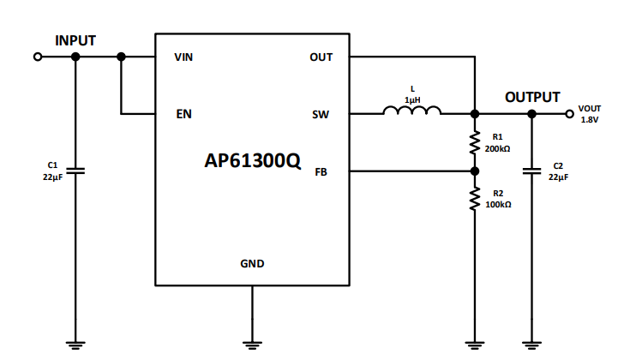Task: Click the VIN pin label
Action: (x=183, y=57)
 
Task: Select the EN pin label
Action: (x=183, y=114)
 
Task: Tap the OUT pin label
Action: (x=321, y=57)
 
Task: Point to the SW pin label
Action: (x=321, y=114)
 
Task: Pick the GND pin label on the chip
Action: (x=252, y=263)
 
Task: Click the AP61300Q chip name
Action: (x=253, y=161)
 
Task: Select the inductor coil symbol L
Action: (x=411, y=111)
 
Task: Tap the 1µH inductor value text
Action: (x=411, y=99)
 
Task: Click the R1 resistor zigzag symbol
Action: (x=473, y=142)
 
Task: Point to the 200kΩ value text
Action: (x=498, y=148)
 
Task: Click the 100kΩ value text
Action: (x=498, y=205)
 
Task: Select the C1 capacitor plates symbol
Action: (x=75, y=171)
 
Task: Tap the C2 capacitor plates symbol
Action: (x=531, y=171)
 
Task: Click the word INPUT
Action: (x=75, y=40)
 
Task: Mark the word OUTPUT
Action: (x=531, y=97)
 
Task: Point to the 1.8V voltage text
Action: (x=589, y=120)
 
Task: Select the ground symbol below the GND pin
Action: (x=252, y=345)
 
